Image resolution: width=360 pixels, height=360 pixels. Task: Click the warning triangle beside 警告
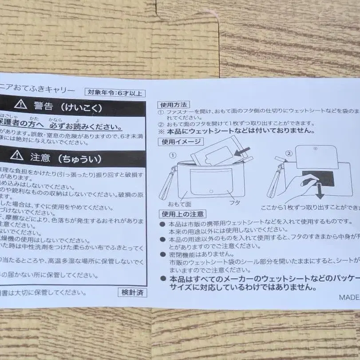(x=20, y=105)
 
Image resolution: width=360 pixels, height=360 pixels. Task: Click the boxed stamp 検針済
(x=132, y=292)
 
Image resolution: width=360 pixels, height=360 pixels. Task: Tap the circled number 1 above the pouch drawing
(x=173, y=156)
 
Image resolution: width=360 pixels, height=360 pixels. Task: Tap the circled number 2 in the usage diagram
(x=289, y=154)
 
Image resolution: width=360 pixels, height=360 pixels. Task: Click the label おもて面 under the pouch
(x=179, y=204)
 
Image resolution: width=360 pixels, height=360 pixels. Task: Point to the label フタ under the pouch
(x=234, y=203)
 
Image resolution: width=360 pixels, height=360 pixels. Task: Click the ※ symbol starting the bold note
(x=161, y=131)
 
